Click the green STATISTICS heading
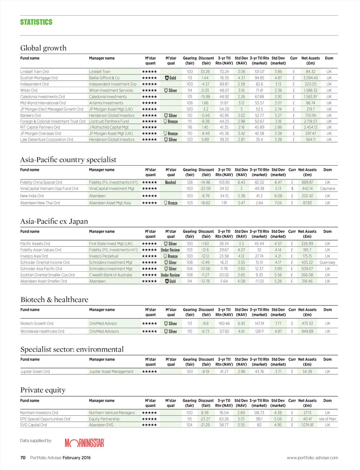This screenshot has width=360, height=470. (x=36, y=22)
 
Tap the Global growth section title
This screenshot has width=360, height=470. (x=43, y=48)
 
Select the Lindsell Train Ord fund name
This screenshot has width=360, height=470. (x=34, y=72)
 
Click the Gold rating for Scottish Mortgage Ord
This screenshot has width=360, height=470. (x=171, y=78)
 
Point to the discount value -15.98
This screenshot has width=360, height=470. (x=205, y=97)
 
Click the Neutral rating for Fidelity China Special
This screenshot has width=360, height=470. (x=170, y=182)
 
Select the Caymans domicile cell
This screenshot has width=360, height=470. (x=327, y=189)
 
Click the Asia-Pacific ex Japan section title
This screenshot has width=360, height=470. (x=54, y=221)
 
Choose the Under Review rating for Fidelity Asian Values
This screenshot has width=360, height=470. (x=170, y=250)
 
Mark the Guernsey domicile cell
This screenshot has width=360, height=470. (x=327, y=262)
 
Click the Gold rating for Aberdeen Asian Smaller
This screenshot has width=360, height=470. (x=170, y=281)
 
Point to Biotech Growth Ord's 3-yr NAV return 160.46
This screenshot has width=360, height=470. (x=224, y=324)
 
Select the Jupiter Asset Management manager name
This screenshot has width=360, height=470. (x=111, y=372)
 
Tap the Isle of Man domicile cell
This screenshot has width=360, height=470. (x=327, y=419)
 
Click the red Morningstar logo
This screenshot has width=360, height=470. (x=84, y=443)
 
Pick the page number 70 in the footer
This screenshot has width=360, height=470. (x=23, y=458)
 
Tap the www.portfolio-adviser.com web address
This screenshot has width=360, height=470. (x=312, y=458)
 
